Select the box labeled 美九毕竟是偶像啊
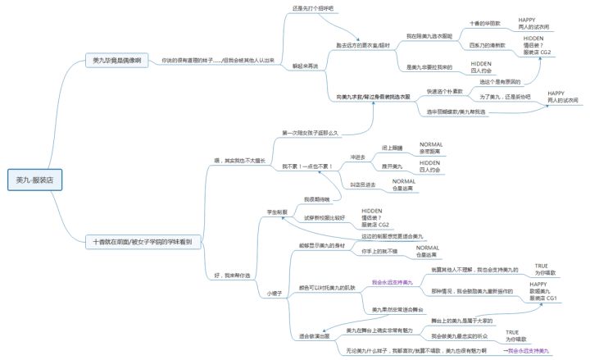click(117, 61)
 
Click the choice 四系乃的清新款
click(487, 45)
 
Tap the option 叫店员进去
click(365, 185)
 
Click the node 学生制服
click(276, 212)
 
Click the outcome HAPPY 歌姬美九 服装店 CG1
click(543, 291)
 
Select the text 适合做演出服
click(313, 336)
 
